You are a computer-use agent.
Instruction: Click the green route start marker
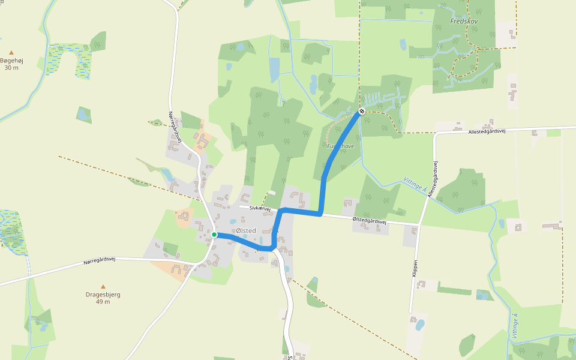[214, 235]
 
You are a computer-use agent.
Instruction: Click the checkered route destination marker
[362, 111]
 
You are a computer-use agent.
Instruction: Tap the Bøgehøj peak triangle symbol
[11, 53]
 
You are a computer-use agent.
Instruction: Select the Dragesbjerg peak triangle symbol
[103, 287]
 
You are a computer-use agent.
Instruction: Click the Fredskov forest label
[464, 21]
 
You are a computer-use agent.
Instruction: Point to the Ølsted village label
[246, 231]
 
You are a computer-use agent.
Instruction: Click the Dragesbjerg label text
[103, 295]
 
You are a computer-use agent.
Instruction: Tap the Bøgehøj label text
[11, 60]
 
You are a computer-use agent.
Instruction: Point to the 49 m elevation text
[103, 302]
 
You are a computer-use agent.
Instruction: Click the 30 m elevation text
[11, 67]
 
